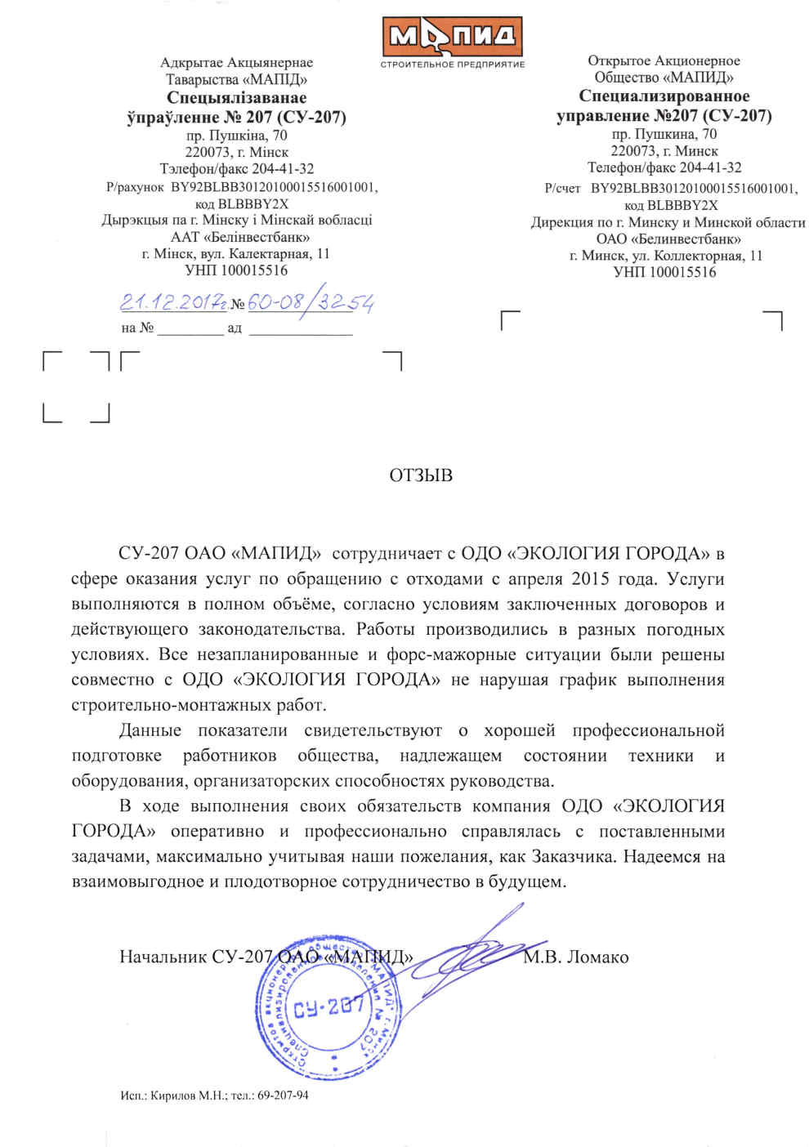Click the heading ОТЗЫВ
point(421,475)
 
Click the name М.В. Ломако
point(576,957)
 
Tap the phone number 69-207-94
point(283,1096)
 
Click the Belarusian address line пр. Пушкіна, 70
point(236,136)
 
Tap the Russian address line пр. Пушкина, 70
point(664,134)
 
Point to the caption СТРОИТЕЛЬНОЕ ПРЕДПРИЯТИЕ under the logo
point(453,65)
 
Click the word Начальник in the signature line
point(163,957)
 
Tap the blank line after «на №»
point(190,329)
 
